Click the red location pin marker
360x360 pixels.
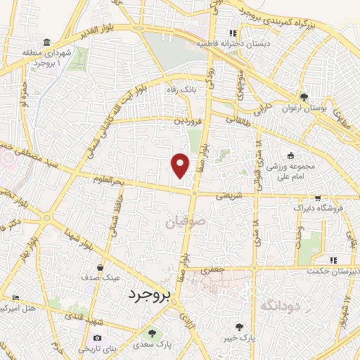(x=181, y=165)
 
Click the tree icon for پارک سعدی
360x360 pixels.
(x=152, y=333)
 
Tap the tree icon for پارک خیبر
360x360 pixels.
(x=239, y=327)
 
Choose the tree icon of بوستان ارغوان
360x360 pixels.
(x=304, y=97)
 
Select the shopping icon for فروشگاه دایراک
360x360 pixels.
(x=318, y=198)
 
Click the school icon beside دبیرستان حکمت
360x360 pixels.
(x=343, y=261)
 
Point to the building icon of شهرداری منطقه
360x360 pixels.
(x=46, y=42)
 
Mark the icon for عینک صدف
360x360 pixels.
(x=101, y=267)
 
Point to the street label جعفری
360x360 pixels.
(x=211, y=269)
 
